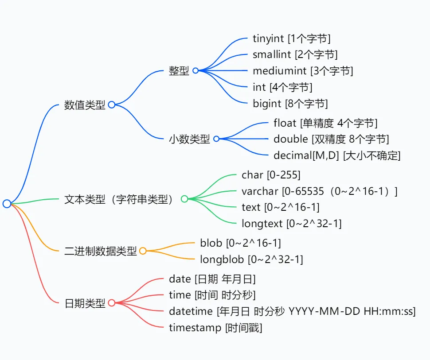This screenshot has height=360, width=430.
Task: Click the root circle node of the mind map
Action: (7, 204)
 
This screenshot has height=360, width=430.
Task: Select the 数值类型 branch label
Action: (85, 105)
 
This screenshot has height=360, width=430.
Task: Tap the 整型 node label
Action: (179, 71)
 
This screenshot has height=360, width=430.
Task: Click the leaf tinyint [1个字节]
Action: (291, 39)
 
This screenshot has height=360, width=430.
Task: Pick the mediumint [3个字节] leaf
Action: (303, 71)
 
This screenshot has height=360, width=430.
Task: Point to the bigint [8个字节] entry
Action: (290, 104)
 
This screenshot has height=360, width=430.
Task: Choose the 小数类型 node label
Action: (189, 139)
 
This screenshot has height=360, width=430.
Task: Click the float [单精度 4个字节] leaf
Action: (325, 123)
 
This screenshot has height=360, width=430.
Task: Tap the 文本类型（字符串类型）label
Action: (118, 199)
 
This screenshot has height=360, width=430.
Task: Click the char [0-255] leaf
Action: (271, 175)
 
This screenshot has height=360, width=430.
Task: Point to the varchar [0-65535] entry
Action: (319, 191)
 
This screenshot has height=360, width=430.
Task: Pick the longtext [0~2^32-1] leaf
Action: (291, 224)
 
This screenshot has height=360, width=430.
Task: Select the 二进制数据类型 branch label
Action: (101, 252)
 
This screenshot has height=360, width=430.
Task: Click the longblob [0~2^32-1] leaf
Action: (251, 259)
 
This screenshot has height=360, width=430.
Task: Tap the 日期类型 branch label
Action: (85, 303)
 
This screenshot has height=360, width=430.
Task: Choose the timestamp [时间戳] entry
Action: (215, 328)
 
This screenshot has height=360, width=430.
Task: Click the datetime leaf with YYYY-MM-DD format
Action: (292, 312)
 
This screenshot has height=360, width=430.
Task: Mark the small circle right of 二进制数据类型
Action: (143, 251)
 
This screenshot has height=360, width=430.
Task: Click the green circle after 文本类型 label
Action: (184, 199)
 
